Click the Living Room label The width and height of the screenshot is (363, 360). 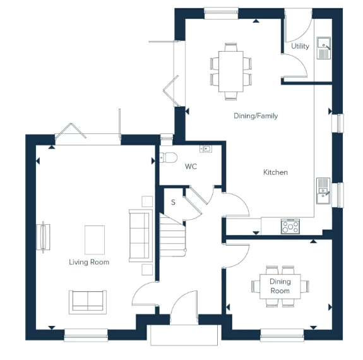click(x=89, y=262)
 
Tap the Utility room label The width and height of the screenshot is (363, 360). click(x=300, y=46)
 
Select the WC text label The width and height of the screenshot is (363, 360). click(x=191, y=166)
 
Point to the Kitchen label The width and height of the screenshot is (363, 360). click(x=275, y=172)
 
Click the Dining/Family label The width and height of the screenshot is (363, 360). click(x=256, y=116)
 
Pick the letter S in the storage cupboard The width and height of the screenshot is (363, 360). click(x=173, y=202)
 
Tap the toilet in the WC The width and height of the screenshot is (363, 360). click(x=169, y=158)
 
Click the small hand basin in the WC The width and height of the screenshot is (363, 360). click(x=206, y=149)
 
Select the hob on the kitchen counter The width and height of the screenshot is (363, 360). click(x=290, y=226)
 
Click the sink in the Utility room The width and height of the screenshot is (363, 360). click(x=324, y=48)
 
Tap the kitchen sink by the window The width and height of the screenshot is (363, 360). click(x=323, y=191)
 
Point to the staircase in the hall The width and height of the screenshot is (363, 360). click(x=172, y=235)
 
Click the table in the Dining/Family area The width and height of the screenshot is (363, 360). click(x=231, y=71)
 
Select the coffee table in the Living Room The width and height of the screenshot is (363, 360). click(x=95, y=240)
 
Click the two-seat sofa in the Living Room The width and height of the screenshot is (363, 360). click(x=88, y=302)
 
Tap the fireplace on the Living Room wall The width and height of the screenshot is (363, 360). click(x=44, y=237)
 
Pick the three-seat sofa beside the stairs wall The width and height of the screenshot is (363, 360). click(x=141, y=236)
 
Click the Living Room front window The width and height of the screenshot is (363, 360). click(x=86, y=335)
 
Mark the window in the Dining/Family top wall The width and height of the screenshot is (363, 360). click(x=221, y=13)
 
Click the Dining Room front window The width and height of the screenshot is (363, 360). click(x=282, y=335)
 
